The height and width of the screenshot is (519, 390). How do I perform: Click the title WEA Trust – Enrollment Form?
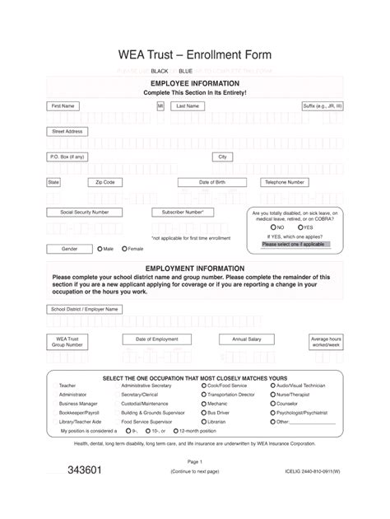[195, 55]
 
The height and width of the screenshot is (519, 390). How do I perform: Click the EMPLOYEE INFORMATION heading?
[195, 84]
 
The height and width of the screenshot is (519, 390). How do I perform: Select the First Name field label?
[63, 106]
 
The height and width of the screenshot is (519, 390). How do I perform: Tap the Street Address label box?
[67, 131]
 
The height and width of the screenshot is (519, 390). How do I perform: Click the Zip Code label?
[104, 182]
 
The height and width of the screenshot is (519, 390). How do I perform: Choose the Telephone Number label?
[285, 182]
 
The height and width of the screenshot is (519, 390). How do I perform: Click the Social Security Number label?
[78, 212]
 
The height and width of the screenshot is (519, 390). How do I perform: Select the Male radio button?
[100, 248]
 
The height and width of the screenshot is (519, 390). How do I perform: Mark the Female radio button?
[124, 248]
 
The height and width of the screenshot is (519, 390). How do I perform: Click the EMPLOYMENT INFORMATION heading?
[195, 269]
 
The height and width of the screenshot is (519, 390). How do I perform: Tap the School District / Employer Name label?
[85, 309]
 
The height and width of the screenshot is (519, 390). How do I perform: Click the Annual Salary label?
[246, 339]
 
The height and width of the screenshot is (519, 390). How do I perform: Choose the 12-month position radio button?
[173, 431]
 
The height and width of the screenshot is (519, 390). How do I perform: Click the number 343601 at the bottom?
[85, 470]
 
